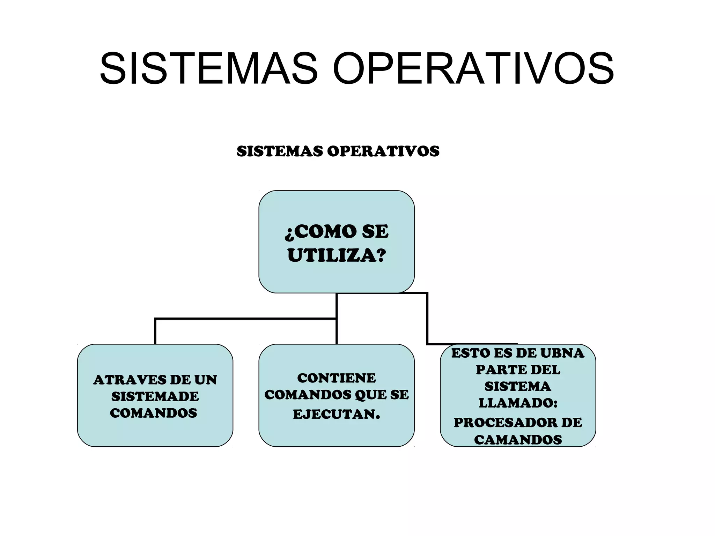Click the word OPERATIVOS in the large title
[x=473, y=68]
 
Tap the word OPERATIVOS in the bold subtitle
[x=383, y=151]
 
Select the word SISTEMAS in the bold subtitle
[x=280, y=151]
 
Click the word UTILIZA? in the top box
[x=337, y=255]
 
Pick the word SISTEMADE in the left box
[x=155, y=396]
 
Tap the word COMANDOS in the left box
[x=154, y=413]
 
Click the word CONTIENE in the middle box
[x=337, y=378]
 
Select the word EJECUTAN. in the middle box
[x=337, y=414]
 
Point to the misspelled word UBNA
[x=562, y=353]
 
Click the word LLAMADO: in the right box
[x=518, y=403]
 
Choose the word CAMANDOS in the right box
[x=518, y=440]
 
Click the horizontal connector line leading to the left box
[x=244, y=319]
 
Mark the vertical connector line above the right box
[x=427, y=318]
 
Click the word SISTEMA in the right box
[x=518, y=386]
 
